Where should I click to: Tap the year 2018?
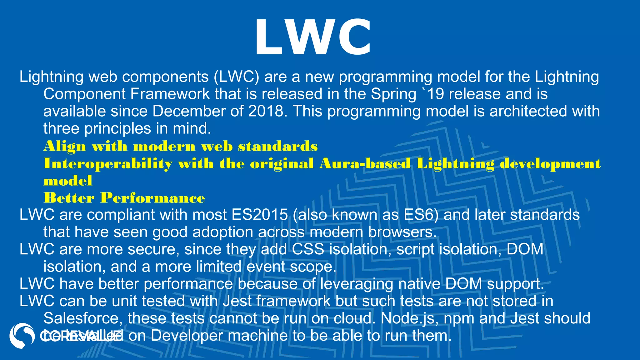(x=265, y=111)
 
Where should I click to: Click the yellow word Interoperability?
(x=108, y=164)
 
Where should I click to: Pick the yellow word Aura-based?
(x=365, y=163)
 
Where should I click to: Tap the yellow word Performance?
(x=152, y=198)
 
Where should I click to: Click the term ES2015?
(x=259, y=215)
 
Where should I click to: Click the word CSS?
(x=308, y=249)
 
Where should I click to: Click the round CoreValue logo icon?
(x=22, y=336)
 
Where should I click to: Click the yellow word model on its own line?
(x=68, y=181)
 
